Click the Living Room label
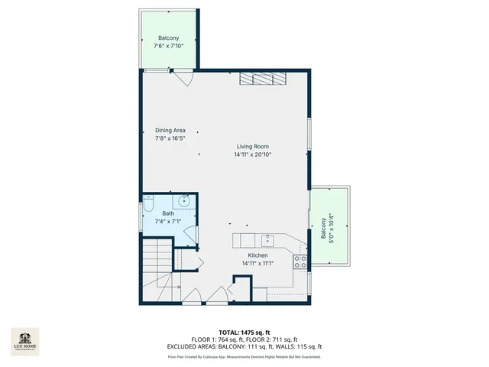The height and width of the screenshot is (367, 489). (x=252, y=146)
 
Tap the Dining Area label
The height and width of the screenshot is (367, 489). (x=170, y=130)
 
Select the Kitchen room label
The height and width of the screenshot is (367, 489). (x=257, y=255)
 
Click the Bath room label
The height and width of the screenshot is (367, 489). (x=168, y=213)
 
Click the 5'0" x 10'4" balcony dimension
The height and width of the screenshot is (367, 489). (x=332, y=227)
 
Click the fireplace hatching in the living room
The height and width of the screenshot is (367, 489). (x=261, y=78)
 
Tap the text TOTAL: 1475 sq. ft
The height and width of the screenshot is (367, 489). (x=244, y=332)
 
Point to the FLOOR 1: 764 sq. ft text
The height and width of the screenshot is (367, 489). (x=218, y=339)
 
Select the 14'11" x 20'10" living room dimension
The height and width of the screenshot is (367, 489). (x=252, y=154)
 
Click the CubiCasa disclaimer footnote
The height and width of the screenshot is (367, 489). (x=244, y=356)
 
